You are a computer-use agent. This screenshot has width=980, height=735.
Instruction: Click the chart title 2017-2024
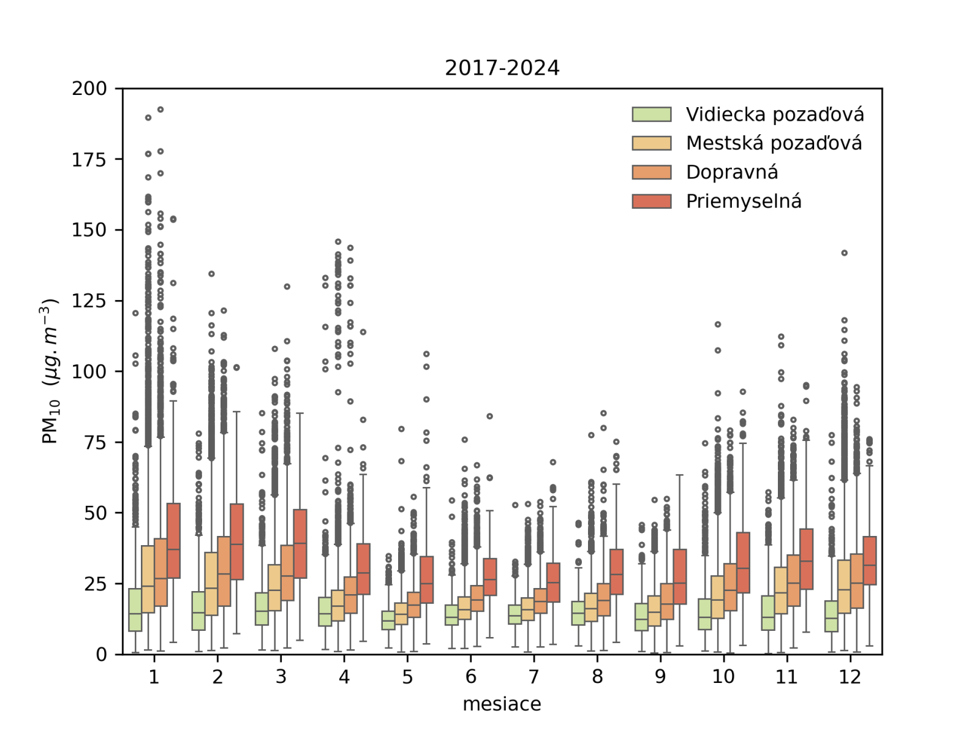(502, 68)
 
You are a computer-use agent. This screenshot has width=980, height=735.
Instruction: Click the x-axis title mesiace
(502, 704)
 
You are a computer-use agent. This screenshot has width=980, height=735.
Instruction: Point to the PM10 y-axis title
(49, 371)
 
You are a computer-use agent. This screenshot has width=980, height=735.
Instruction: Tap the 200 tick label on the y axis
(89, 89)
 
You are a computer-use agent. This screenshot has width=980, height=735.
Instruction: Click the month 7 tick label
(534, 677)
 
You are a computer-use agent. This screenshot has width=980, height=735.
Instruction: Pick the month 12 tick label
(850, 677)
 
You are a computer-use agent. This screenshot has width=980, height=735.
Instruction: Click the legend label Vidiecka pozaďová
(775, 115)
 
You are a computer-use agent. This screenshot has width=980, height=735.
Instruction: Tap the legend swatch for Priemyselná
(652, 201)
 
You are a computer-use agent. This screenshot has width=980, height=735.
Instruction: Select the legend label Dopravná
(732, 172)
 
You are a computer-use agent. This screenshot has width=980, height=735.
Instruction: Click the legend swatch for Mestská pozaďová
(652, 143)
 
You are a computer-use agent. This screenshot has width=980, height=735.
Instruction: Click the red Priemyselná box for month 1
(173, 540)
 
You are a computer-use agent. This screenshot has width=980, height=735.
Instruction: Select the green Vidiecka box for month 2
(198, 611)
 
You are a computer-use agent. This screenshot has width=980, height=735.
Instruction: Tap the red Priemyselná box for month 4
(363, 569)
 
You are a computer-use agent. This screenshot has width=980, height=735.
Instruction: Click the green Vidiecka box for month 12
(831, 616)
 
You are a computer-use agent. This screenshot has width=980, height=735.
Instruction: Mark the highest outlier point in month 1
(160, 110)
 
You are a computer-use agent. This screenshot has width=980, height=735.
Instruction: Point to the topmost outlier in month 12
(844, 253)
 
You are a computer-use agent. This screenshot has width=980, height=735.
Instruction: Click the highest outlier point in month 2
(211, 274)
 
